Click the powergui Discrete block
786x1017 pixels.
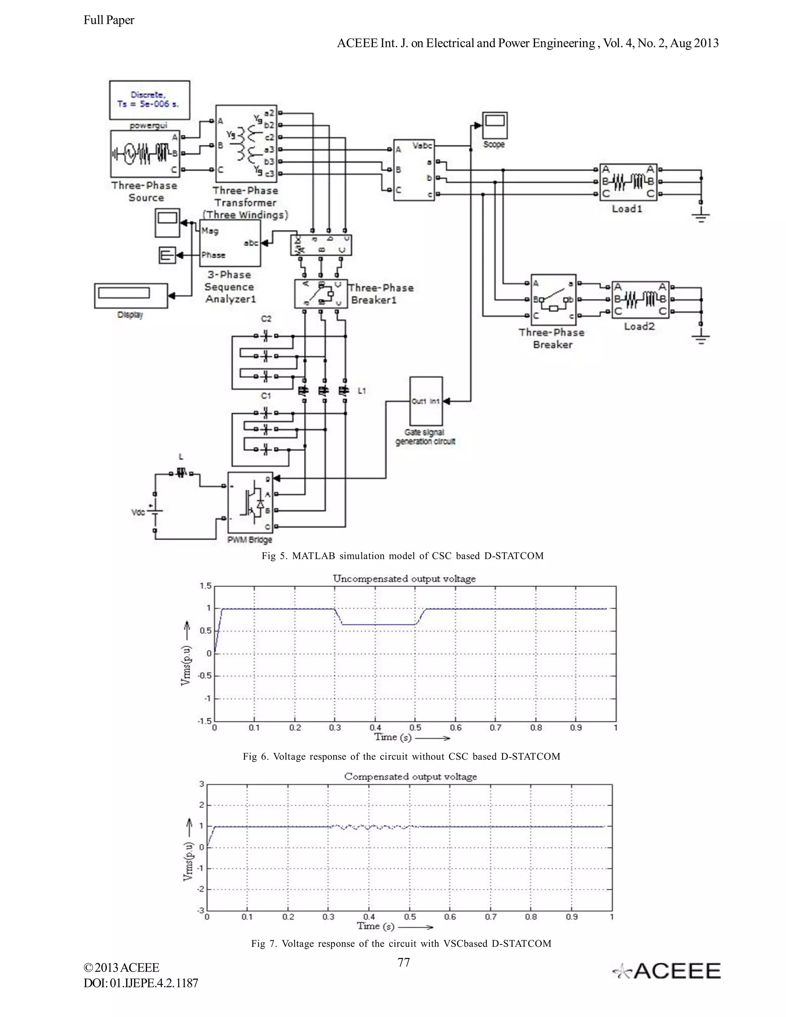pos(149,100)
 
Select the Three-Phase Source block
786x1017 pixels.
pos(145,153)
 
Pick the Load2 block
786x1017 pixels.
pos(640,299)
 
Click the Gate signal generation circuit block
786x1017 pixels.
pos(426,401)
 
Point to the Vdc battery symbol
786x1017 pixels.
pos(155,512)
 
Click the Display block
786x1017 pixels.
pos(130,295)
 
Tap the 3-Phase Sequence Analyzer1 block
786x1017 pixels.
pos(230,243)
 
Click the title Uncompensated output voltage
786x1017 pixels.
pos(404,579)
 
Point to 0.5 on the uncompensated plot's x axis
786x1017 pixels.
pos(415,728)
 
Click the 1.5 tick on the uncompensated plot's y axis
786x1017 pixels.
pos(206,586)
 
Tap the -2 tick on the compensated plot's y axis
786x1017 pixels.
pos(201,889)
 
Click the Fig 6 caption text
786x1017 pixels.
pos(401,756)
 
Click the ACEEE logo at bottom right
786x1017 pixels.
pos(667,971)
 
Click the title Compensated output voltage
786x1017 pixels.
pos(410,776)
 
